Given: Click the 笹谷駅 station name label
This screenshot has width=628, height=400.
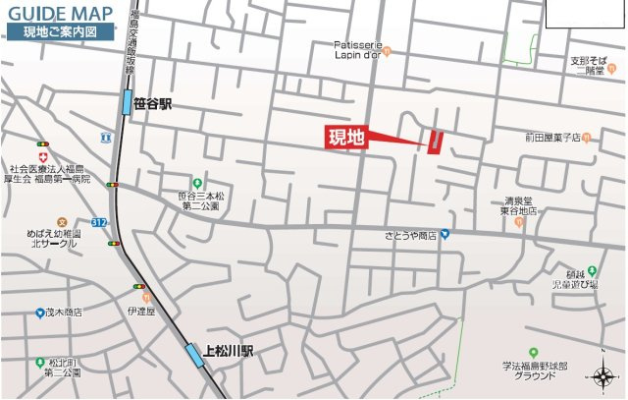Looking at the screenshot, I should click(x=152, y=102).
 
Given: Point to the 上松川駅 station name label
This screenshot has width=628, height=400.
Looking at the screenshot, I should click(x=230, y=349).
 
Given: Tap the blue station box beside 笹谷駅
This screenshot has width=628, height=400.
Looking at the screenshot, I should click(x=127, y=102).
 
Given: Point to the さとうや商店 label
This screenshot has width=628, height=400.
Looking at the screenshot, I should click(x=410, y=236).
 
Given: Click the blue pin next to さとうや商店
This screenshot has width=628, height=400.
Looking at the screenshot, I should click(x=444, y=234).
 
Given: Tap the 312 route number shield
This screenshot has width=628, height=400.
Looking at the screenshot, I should click(x=99, y=223).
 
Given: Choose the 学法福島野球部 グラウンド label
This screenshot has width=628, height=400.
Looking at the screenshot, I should click(x=533, y=370).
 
